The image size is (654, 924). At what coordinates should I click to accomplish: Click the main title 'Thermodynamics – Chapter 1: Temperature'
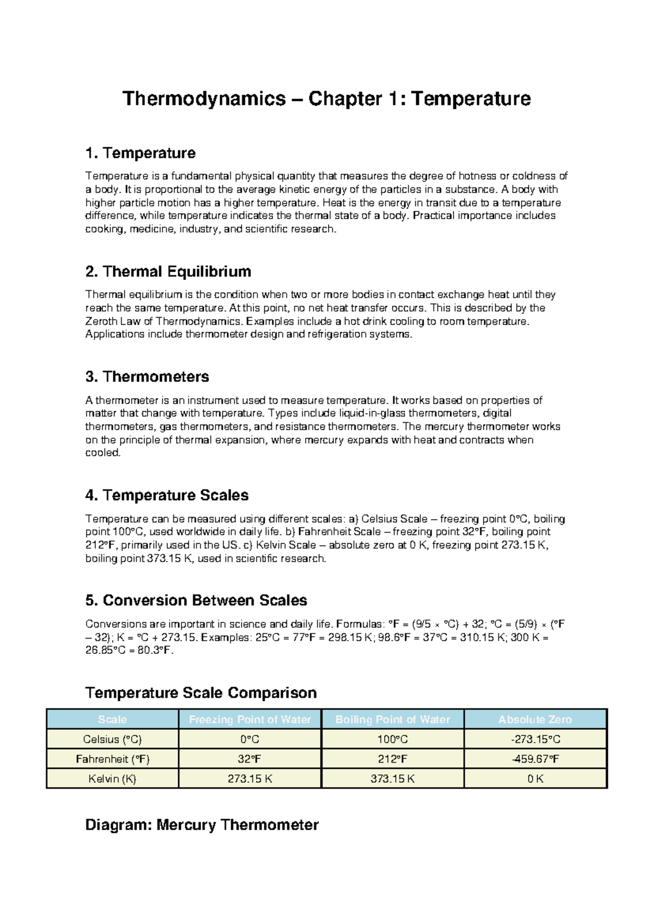point(326,99)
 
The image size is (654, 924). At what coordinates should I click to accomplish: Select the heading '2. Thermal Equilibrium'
point(168,271)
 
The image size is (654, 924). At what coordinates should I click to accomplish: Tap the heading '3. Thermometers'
point(147,376)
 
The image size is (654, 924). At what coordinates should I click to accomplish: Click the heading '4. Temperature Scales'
point(167,495)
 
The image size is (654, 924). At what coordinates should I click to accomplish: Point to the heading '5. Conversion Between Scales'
point(196,600)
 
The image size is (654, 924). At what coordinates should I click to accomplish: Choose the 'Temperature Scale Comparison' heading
point(201,693)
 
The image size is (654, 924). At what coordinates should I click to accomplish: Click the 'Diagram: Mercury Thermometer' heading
point(202,825)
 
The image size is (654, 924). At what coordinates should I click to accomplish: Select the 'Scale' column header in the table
point(112,720)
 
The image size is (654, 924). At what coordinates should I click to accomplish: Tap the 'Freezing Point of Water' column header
point(250,720)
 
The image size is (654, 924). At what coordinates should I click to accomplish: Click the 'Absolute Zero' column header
point(535,720)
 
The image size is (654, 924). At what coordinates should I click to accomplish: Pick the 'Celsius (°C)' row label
point(112,739)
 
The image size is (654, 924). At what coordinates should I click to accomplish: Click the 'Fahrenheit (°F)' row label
point(112,759)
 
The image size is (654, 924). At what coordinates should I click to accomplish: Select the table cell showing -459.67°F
point(535,759)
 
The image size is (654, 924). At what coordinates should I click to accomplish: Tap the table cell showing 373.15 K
point(392,779)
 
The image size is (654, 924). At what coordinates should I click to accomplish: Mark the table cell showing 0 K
point(535,779)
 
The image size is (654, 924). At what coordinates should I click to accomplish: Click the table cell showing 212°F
point(392,759)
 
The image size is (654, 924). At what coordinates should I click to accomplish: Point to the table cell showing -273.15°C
point(535,739)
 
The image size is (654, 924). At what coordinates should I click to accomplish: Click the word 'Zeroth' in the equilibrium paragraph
point(101,321)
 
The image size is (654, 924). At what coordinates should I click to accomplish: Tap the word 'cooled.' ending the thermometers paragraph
point(102,453)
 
